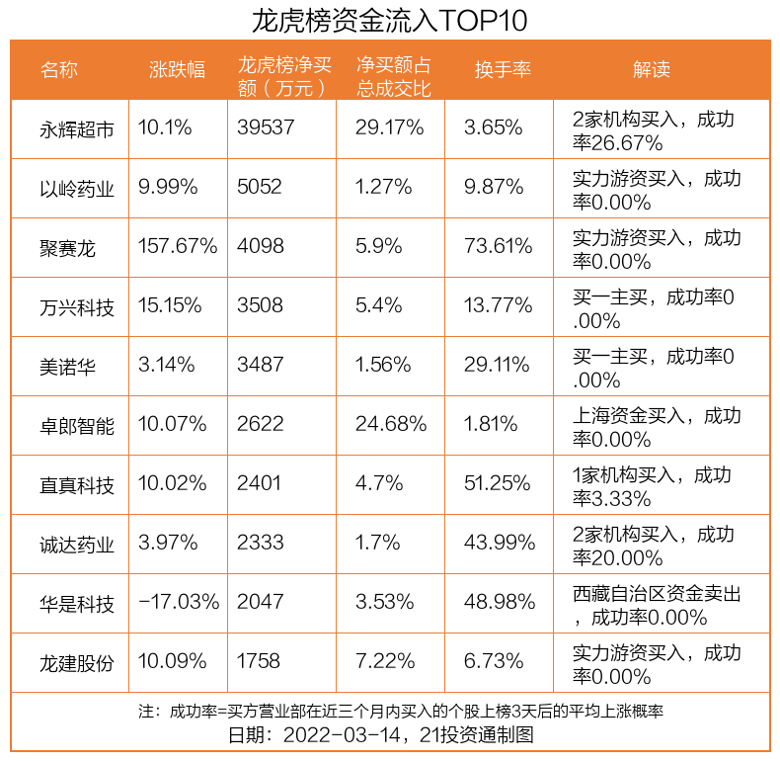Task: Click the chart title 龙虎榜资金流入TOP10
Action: tap(390, 20)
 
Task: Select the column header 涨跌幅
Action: tap(177, 69)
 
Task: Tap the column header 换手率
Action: tap(503, 69)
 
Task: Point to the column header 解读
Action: tap(651, 69)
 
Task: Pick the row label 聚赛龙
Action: tap(68, 247)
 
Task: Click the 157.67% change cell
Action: tap(178, 247)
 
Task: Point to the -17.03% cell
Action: tap(179, 603)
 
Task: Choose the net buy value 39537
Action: tap(266, 128)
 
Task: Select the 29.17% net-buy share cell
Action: tap(389, 128)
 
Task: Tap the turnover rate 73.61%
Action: tap(499, 247)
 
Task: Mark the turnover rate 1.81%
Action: tap(491, 425)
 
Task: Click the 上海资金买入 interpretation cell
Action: tap(657, 426)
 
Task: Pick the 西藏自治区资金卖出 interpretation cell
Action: tap(657, 604)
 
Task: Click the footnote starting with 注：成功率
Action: tap(400, 712)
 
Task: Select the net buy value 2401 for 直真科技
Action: tap(260, 484)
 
